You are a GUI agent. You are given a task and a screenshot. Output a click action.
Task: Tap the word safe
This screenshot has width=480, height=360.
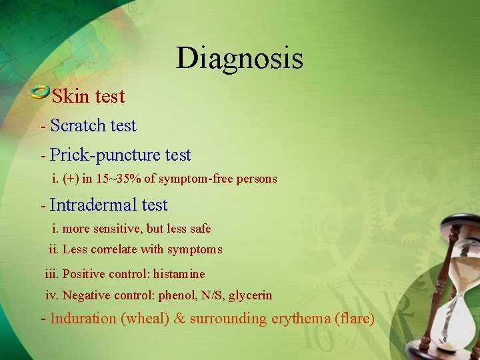[199, 229]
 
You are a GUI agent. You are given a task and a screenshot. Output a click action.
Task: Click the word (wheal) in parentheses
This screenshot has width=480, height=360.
[145, 319]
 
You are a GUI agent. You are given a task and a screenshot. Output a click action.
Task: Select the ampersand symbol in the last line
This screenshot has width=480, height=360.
[179, 319]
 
